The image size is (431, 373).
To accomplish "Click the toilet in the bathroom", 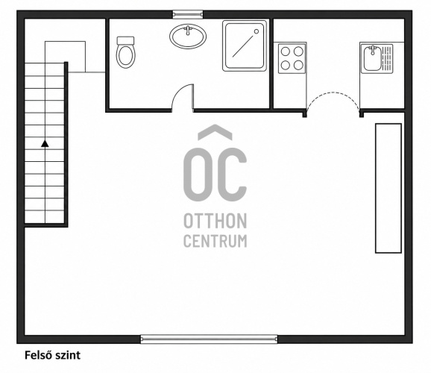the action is click(x=125, y=52).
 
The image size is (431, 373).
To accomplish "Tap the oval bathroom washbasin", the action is click(x=188, y=37).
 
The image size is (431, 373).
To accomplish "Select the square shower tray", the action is click(x=245, y=46).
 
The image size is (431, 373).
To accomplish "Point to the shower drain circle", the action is click(x=257, y=31).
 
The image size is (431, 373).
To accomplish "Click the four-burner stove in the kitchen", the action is click(x=292, y=58).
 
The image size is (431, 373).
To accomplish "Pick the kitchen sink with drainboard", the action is click(x=377, y=59).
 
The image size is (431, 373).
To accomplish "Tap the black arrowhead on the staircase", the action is click(x=45, y=143).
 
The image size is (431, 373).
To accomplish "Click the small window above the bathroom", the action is click(x=188, y=14).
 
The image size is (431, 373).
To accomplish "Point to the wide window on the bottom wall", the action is click(x=210, y=339).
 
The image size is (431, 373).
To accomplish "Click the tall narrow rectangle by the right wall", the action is click(x=388, y=188).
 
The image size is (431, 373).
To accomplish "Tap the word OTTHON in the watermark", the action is click(x=215, y=221).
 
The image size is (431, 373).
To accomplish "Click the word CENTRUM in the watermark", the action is click(x=215, y=241).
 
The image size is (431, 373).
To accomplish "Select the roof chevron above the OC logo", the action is click(x=215, y=131).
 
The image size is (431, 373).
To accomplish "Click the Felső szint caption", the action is click(x=52, y=355).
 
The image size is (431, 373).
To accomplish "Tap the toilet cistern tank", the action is click(x=125, y=40).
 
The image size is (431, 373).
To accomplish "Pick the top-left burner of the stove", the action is click(x=286, y=51).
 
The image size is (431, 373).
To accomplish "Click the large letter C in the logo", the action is click(x=232, y=174).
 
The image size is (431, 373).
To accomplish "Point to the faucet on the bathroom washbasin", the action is click(x=188, y=30).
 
